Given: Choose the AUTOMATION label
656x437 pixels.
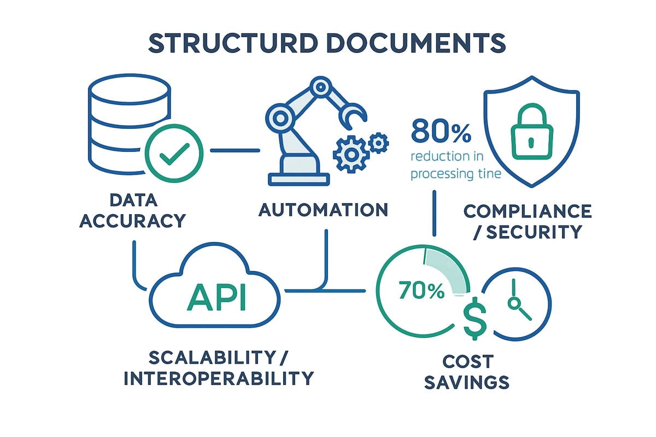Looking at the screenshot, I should [x=324, y=210].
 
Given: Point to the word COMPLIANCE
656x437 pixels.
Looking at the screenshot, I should [x=527, y=211].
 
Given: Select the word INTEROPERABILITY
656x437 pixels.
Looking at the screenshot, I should [x=219, y=377].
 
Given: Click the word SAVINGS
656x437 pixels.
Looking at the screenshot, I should [x=467, y=381].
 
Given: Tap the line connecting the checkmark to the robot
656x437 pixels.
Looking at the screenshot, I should [x=235, y=150].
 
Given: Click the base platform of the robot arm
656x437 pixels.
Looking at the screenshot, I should [x=298, y=178].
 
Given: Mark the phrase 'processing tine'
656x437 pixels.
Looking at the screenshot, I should [x=456, y=175].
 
